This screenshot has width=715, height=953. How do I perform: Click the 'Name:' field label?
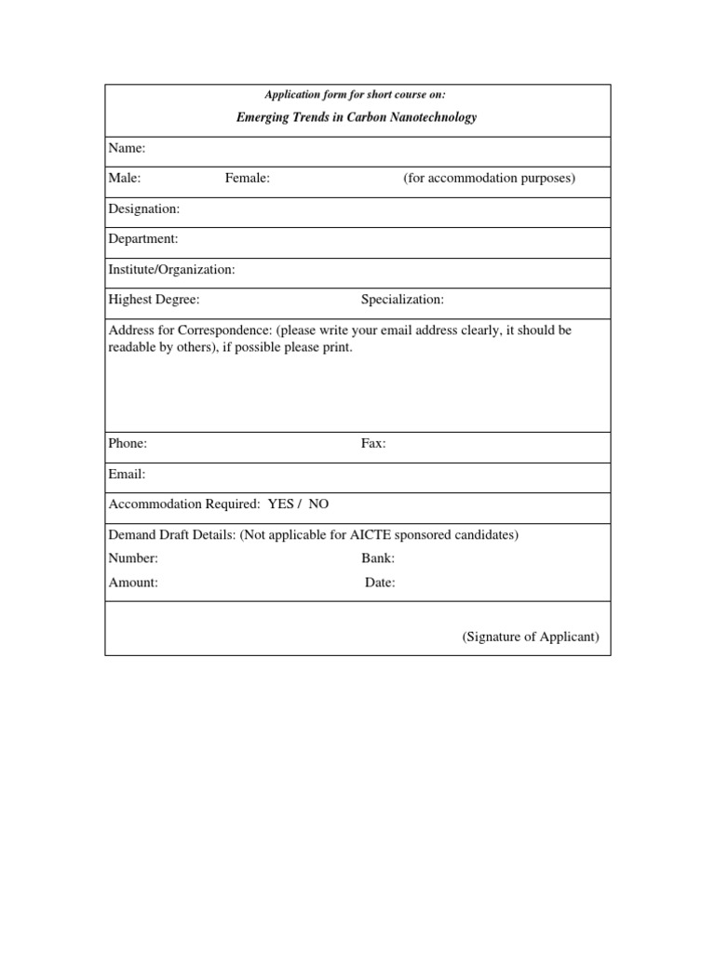127,148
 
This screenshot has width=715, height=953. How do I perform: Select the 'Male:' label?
125,179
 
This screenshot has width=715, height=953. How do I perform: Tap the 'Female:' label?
248,179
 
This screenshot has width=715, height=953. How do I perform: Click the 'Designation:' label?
144,209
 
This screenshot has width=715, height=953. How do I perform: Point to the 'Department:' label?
143,239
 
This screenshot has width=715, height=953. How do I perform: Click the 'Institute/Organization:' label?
172,270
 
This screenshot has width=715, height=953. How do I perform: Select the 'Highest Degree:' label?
155,300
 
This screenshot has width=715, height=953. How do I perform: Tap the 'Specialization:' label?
402,300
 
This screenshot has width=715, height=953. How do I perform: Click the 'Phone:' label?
128,444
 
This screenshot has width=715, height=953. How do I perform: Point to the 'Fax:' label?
373,444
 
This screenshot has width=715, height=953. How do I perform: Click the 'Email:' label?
128,475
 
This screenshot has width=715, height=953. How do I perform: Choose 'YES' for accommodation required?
280,504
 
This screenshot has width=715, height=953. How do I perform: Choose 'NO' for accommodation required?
318,504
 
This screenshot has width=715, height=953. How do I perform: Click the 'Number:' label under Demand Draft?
133,558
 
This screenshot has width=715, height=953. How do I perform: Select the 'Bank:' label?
378,558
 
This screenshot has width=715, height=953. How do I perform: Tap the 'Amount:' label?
133,583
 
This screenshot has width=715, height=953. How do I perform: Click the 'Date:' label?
380,583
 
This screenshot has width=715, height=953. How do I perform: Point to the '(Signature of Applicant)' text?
531,638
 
